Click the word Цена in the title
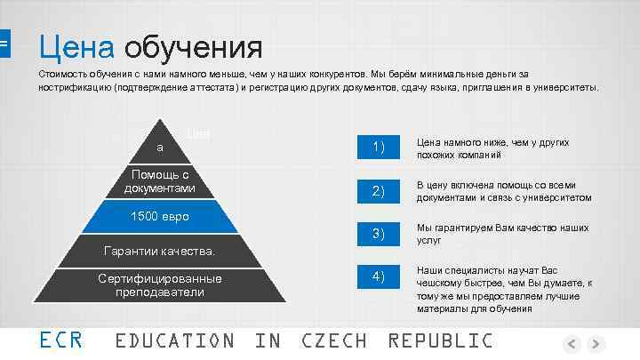(76, 45)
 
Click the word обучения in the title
(193, 45)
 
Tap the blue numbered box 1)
(378, 147)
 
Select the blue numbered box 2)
(378, 190)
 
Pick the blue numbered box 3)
(378, 233)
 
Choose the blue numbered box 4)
(378, 277)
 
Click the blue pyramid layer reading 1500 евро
(160, 217)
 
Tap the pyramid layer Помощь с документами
(160, 181)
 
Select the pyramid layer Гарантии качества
(160, 252)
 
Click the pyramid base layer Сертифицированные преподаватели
(160, 284)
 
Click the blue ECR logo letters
(61, 340)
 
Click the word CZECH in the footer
(333, 340)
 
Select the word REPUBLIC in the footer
(440, 340)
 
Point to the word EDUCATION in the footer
(175, 340)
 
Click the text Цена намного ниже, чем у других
(492, 142)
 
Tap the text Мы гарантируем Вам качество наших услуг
(502, 234)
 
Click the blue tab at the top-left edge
(4, 42)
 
